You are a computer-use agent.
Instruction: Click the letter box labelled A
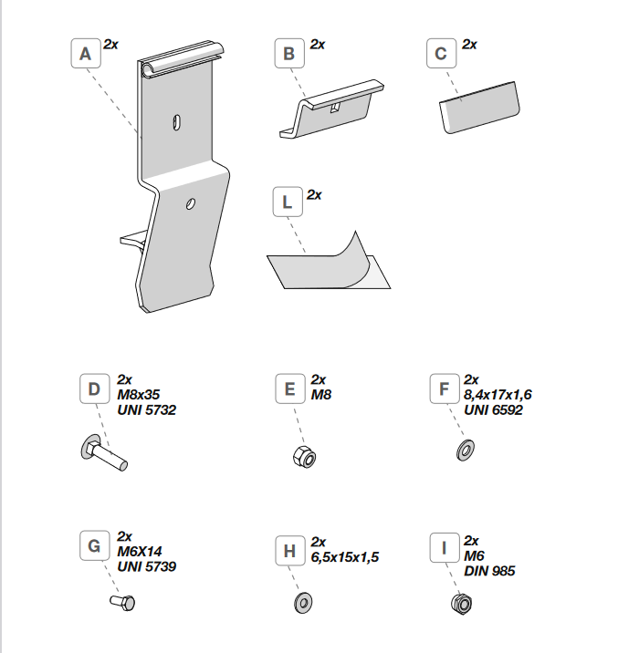point(86,54)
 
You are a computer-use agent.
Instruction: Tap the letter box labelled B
point(289,54)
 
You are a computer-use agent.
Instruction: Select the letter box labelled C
point(442,54)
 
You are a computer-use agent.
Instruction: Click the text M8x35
point(138,395)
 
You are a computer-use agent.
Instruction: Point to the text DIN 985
point(489,571)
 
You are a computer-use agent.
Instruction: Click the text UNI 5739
point(146,565)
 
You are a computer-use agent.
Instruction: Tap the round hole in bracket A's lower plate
point(190,203)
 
